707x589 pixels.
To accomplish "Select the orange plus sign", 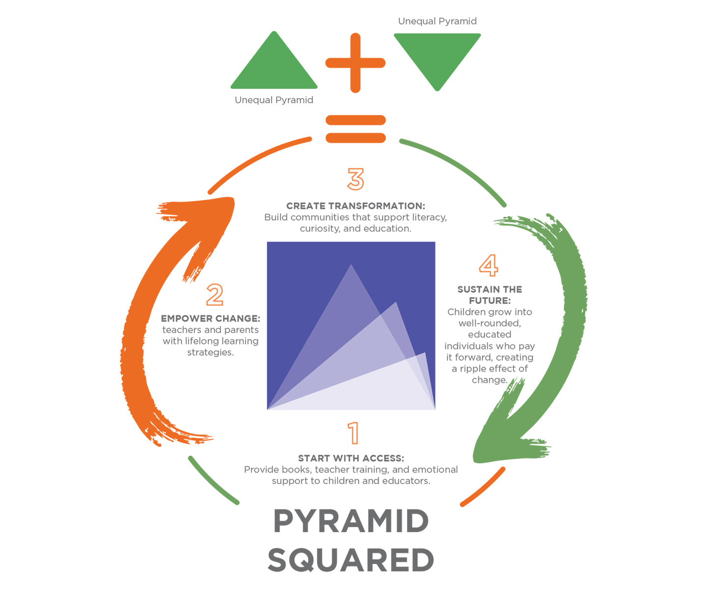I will coord(355,63).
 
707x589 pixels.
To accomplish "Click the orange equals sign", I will coord(355,129).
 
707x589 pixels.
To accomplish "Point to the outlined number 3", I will coord(355,179).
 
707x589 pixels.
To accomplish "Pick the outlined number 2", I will coord(215,295).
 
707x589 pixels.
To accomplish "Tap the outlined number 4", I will coord(489,266).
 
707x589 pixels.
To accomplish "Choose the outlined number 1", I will coord(353,433).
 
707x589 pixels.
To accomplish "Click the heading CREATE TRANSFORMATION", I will coord(355,206).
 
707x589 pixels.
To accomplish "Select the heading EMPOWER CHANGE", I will coord(211,319).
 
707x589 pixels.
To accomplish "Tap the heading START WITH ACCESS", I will coord(351,458).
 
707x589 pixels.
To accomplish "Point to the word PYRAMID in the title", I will coord(351,521).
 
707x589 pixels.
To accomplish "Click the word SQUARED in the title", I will coord(351,561).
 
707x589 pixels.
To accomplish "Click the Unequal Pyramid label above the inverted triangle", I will coord(437,21).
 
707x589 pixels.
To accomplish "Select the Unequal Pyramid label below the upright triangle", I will coord(274,100).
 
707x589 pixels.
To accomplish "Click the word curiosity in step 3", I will coord(320,229).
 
